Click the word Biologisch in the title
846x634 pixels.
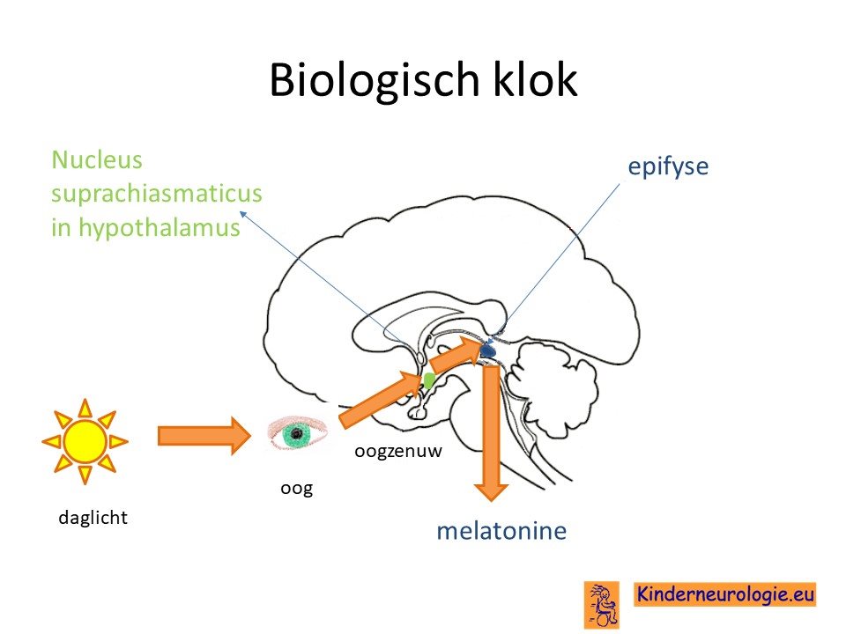coord(375,81)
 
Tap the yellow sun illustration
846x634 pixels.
coord(85,441)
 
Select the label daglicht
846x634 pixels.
coord(93,518)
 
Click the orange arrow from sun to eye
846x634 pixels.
coord(204,436)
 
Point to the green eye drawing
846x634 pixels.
coord(297,432)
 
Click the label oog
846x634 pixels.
coord(297,489)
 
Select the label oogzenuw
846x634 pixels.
coord(398,451)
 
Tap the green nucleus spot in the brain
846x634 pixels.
coord(429,380)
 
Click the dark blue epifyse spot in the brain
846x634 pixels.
coord(487,351)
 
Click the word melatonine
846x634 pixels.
coord(501,531)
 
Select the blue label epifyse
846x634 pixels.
coord(668,167)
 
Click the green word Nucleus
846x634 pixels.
coord(97,160)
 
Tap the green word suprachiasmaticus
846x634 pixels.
coord(157,194)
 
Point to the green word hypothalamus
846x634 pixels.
coord(160,227)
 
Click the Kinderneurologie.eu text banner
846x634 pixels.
coord(724,594)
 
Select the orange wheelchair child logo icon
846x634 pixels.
coord(602,604)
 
